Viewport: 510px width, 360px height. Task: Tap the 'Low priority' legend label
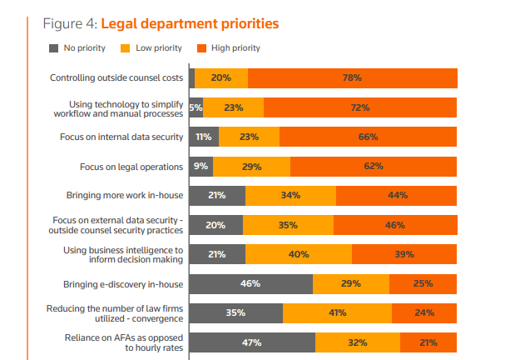pos(153,48)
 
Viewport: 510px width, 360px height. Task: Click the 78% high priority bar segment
pos(352,78)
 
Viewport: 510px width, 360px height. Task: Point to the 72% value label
pos(360,107)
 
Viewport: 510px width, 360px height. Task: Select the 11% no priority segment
pos(204,137)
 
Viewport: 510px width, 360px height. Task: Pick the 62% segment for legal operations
pos(374,167)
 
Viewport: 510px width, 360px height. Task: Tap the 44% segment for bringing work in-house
pos(397,196)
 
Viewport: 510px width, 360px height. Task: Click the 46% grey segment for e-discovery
pos(250,284)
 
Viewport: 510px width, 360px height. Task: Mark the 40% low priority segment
pos(299,254)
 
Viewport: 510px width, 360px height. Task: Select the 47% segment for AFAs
pos(252,342)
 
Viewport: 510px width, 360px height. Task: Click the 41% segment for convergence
pos(337,313)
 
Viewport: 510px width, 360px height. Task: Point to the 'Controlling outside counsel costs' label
pos(116,78)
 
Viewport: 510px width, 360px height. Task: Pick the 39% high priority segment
pos(404,254)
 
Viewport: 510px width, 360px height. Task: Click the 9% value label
pos(201,167)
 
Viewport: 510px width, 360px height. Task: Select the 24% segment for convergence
pos(424,313)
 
